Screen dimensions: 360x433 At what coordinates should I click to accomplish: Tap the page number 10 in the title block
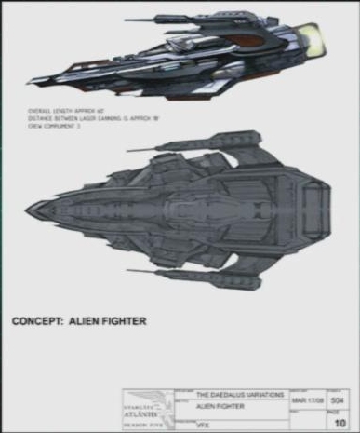340,421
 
